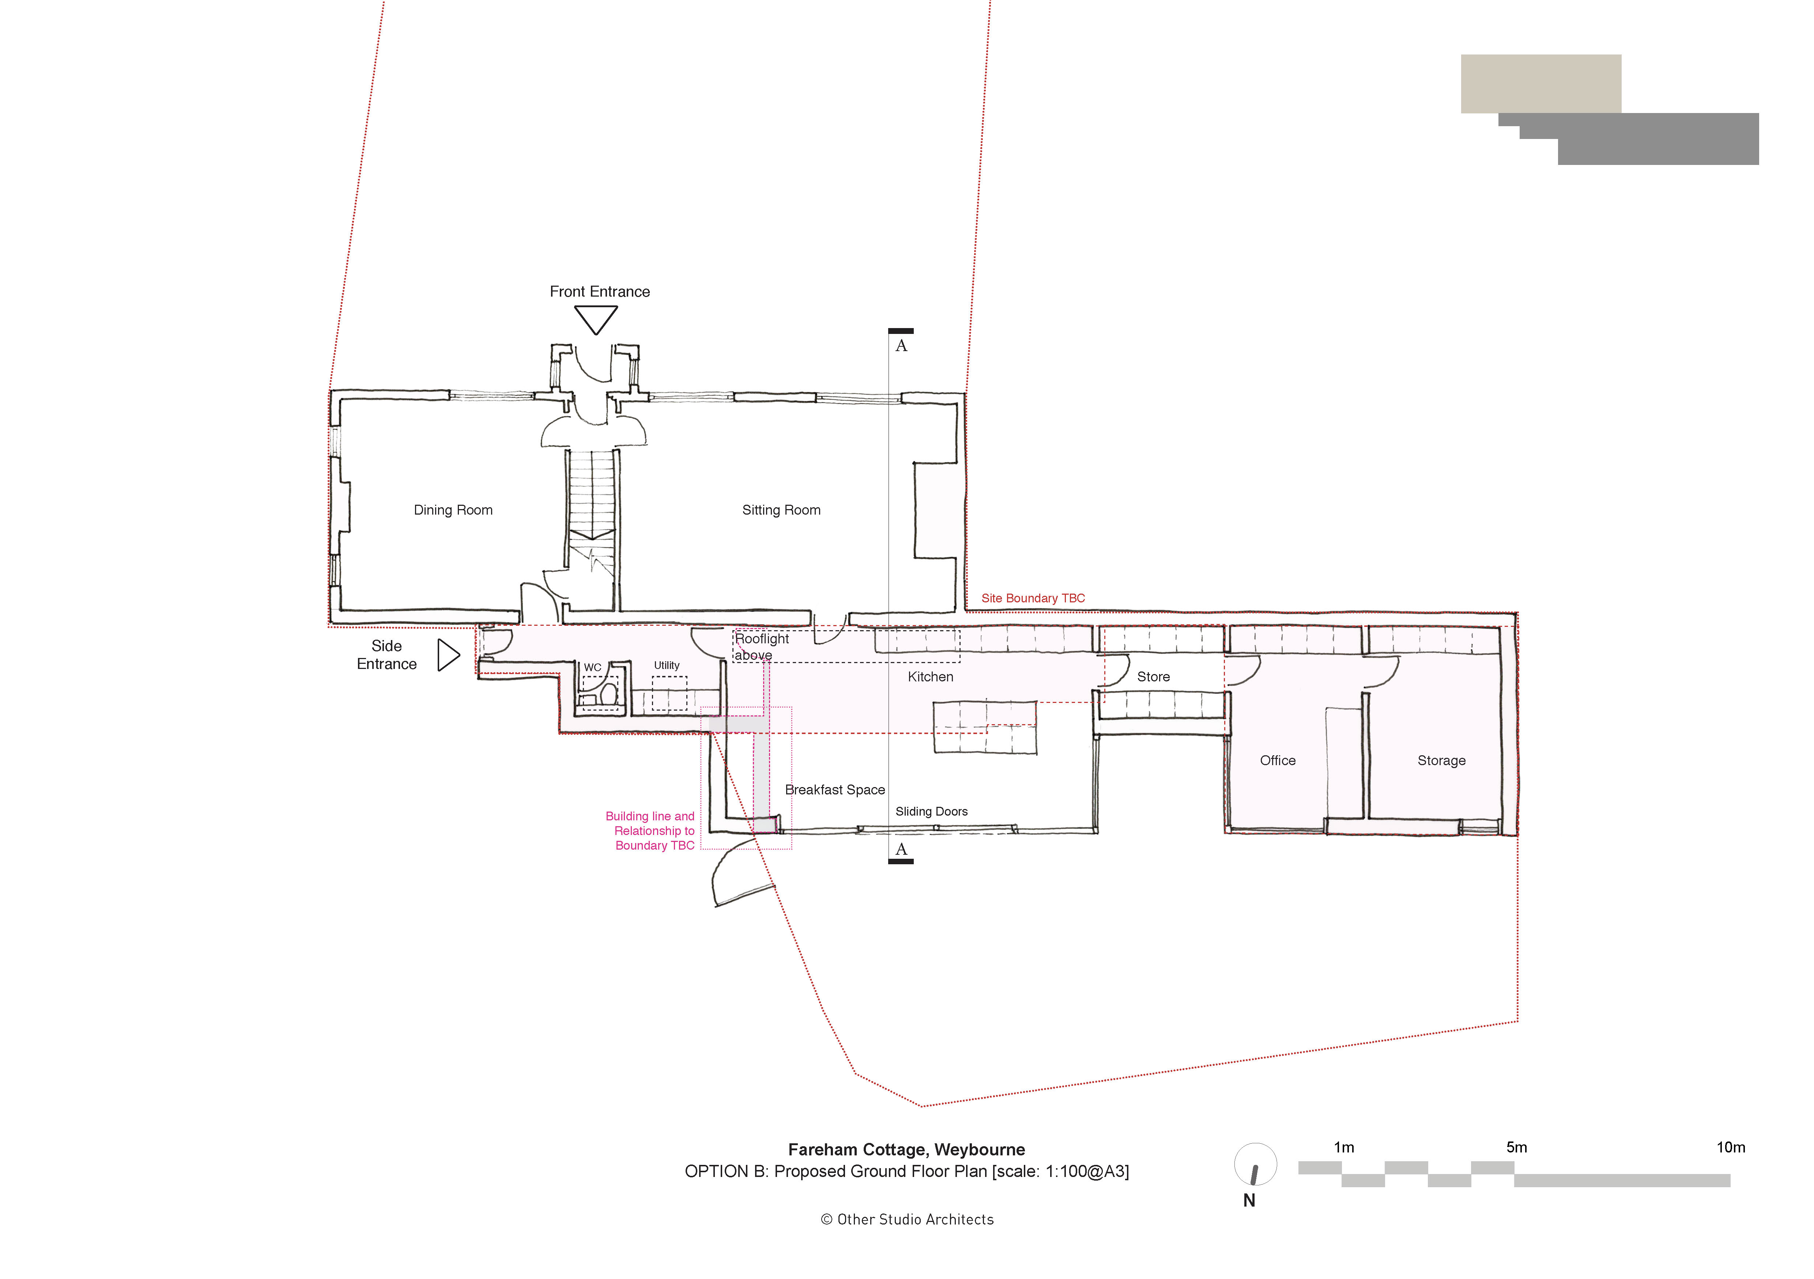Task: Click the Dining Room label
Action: pos(453,510)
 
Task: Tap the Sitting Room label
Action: pos(781,510)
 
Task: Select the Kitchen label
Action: pos(930,677)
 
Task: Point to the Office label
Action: pos(1277,760)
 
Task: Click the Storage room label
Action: pos(1441,760)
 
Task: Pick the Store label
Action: pos(1153,677)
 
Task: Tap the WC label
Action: pos(593,667)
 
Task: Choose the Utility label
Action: pos(666,666)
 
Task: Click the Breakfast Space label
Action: pos(834,790)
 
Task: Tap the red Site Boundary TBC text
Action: pos(1033,598)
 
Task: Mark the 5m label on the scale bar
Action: pos(1515,1147)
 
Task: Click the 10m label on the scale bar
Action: pos(1730,1147)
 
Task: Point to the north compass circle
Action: pos(1255,1165)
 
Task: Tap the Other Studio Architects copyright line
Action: pos(907,1220)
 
